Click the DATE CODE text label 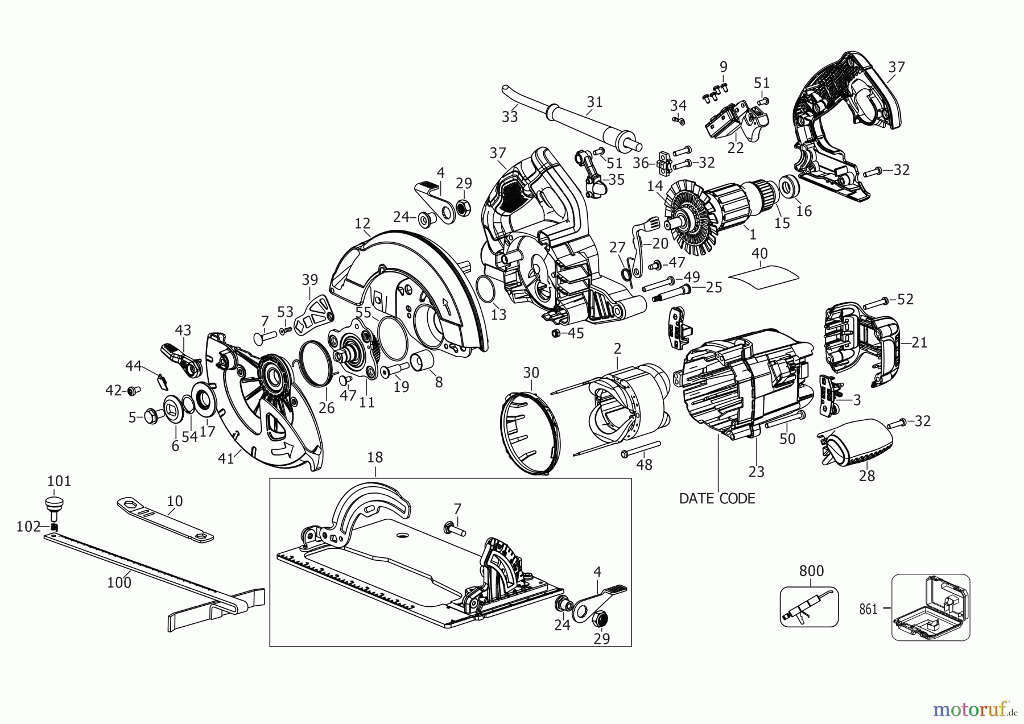[717, 499]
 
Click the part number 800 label [811, 570]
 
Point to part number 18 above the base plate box [375, 457]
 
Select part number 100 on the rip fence [119, 582]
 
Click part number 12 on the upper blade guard [362, 223]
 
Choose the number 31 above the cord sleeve [594, 102]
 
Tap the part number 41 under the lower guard [226, 458]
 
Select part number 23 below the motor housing [756, 471]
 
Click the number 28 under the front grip [866, 475]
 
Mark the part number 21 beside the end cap [919, 342]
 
